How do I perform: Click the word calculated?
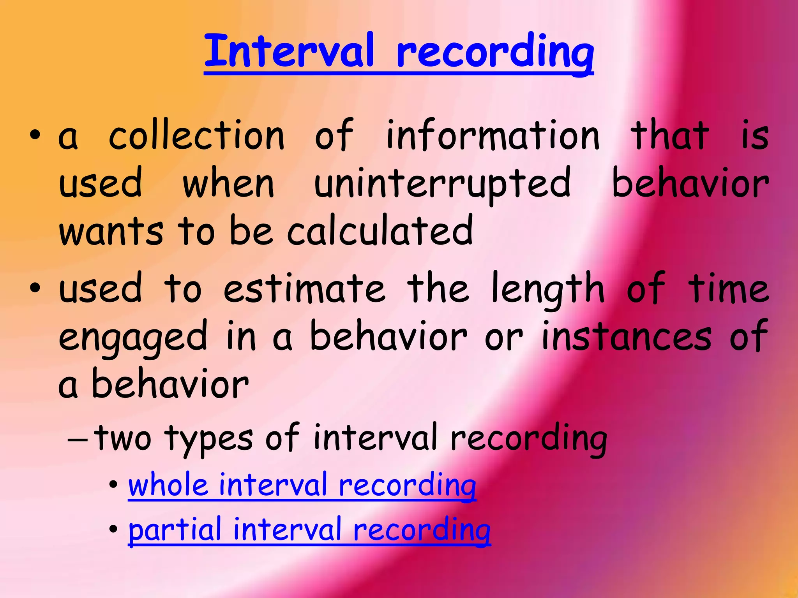[x=380, y=231]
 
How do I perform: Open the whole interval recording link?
[x=302, y=486]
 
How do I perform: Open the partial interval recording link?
[x=309, y=530]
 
